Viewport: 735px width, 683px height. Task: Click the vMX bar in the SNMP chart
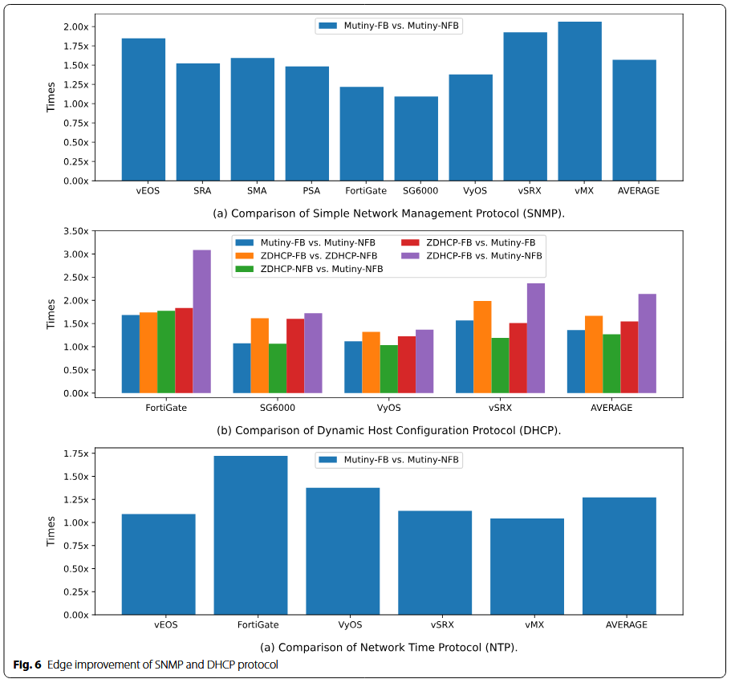pyautogui.click(x=579, y=101)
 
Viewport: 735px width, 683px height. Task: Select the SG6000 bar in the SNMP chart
pyautogui.click(x=416, y=138)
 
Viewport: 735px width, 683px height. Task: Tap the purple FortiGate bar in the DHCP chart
pyautogui.click(x=201, y=321)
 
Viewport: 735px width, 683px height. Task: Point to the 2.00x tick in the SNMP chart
pyautogui.click(x=77, y=26)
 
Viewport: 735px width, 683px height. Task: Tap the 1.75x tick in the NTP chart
pyautogui.click(x=77, y=453)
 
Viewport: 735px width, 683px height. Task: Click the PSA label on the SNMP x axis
pyautogui.click(x=312, y=191)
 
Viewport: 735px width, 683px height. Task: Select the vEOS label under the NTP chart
pyautogui.click(x=165, y=624)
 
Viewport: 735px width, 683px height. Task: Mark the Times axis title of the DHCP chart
pyautogui.click(x=51, y=313)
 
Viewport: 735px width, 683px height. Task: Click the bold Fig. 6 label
pyautogui.click(x=27, y=665)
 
